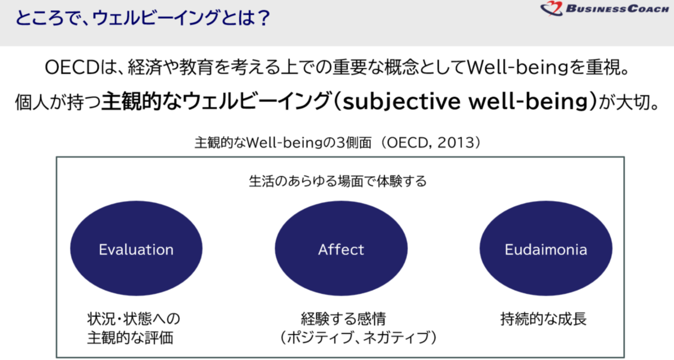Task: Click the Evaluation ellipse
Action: pyautogui.click(x=136, y=248)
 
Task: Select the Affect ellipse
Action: pyautogui.click(x=341, y=248)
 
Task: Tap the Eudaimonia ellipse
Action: pyautogui.click(x=546, y=248)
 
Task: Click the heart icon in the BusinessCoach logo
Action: pyautogui.click(x=551, y=8)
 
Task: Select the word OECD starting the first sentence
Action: pyautogui.click(x=72, y=68)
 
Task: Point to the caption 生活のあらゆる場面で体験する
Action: pyautogui.click(x=338, y=181)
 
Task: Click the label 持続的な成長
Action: pyautogui.click(x=543, y=319)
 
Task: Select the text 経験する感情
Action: pyautogui.click(x=343, y=319)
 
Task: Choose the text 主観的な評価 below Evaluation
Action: pyautogui.click(x=130, y=337)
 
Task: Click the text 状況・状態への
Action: pyautogui.click(x=133, y=319)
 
